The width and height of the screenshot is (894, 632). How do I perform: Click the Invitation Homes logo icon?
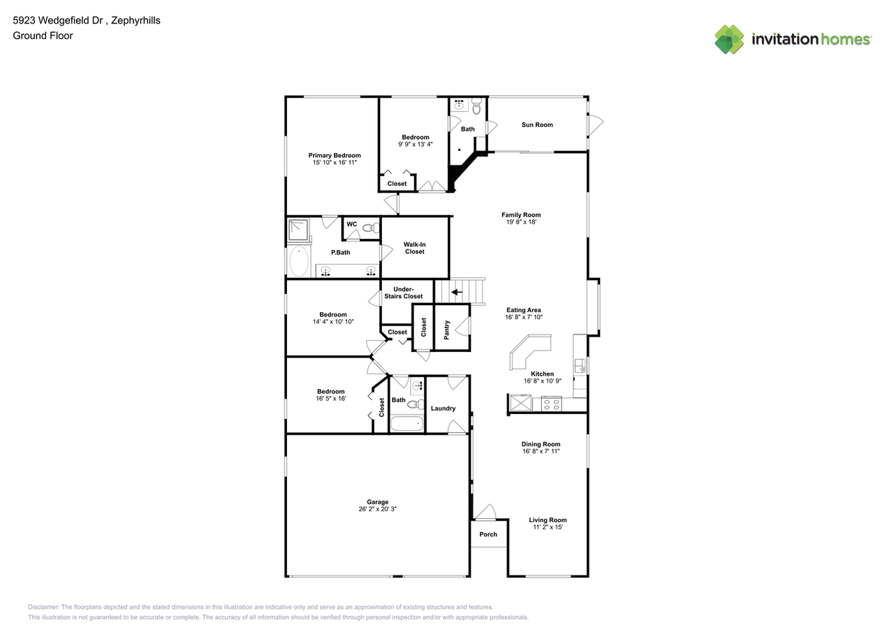click(x=729, y=40)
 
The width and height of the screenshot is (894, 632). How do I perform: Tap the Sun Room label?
click(x=537, y=125)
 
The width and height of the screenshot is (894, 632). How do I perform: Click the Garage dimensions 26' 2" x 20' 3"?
click(x=377, y=509)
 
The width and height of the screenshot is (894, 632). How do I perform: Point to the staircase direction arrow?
click(x=457, y=292)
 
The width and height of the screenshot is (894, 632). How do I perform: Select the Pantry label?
click(x=446, y=330)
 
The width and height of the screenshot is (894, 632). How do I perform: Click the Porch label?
click(x=488, y=534)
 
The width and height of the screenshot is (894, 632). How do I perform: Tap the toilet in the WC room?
click(x=371, y=228)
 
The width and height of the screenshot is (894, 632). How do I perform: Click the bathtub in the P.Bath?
click(x=298, y=261)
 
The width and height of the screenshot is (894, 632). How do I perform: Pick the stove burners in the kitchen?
click(x=552, y=404)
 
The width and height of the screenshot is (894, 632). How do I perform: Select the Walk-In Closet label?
click(x=415, y=248)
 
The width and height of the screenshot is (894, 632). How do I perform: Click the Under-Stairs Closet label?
click(x=404, y=293)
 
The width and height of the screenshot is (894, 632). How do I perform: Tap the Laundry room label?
click(x=443, y=409)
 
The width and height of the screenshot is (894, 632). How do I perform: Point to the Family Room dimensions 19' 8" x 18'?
click(x=521, y=222)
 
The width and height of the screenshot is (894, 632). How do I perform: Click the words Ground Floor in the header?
click(x=43, y=36)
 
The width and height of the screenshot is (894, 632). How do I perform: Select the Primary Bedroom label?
click(x=335, y=156)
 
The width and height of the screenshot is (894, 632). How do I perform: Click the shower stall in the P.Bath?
click(x=298, y=230)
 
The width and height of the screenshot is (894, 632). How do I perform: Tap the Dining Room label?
click(x=541, y=444)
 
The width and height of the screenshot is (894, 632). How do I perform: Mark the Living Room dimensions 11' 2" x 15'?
click(x=548, y=527)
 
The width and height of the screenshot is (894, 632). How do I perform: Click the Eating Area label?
click(x=524, y=310)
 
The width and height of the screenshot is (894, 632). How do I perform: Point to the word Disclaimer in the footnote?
click(x=43, y=607)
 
